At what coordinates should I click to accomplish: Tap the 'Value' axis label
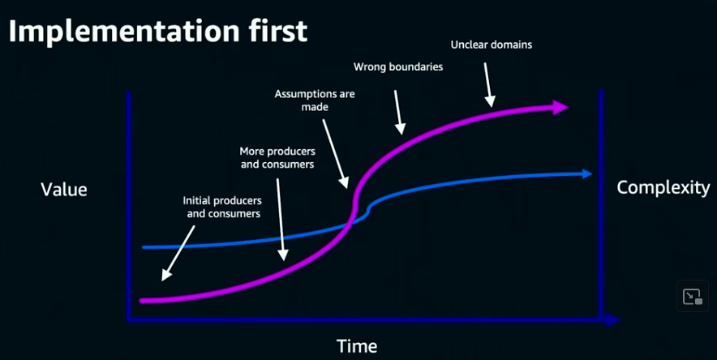coord(64,190)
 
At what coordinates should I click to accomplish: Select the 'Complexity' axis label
coord(663,188)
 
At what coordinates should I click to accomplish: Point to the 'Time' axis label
coord(357,346)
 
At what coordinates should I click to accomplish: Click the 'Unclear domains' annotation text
coord(492,45)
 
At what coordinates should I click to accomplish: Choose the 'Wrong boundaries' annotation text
coord(398,66)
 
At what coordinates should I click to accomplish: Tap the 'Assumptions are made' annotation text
coord(315,100)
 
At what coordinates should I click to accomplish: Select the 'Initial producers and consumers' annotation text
coord(221,207)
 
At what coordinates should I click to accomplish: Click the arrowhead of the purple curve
coord(560,107)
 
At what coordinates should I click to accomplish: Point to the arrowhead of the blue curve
coord(586,173)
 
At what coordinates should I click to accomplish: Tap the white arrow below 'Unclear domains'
coord(488,85)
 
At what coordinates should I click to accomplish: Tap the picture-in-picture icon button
coord(692,297)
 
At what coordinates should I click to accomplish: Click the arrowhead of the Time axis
coord(614,320)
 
